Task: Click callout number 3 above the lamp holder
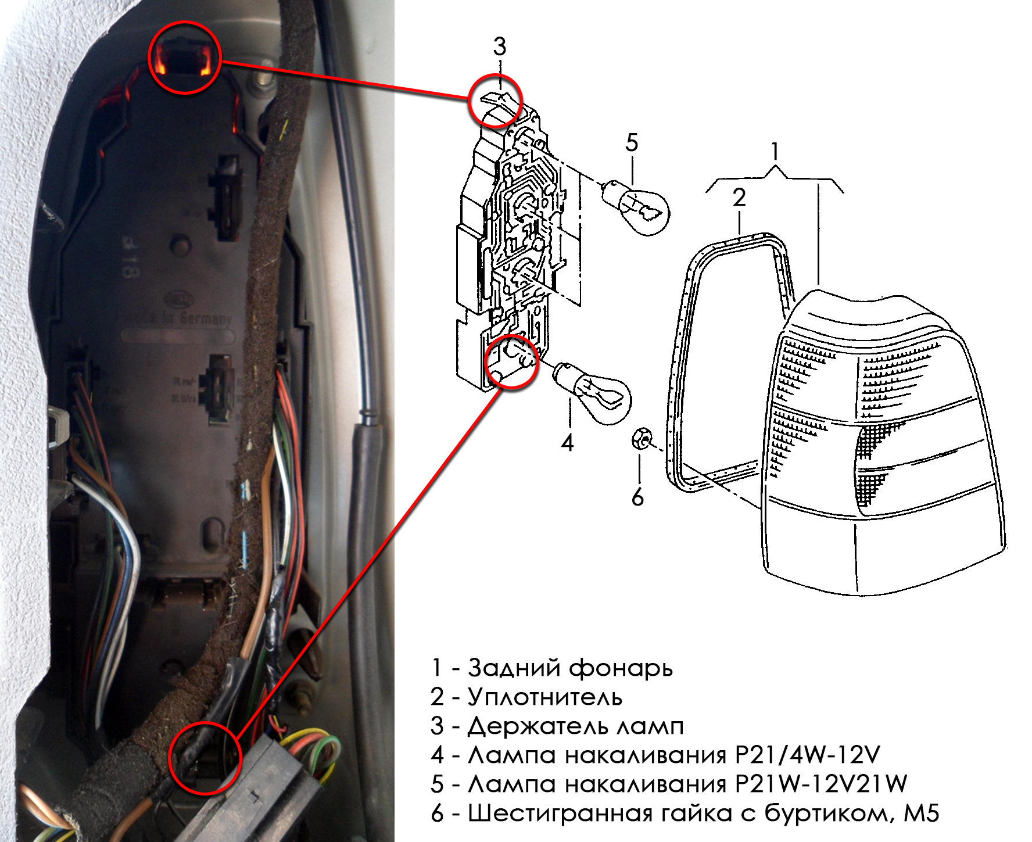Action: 500,46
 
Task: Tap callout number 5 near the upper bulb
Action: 632,143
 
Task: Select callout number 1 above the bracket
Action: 774,152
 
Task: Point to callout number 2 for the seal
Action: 739,198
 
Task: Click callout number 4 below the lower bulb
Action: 567,443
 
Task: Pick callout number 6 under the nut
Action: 637,497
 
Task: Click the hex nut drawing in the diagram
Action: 642,438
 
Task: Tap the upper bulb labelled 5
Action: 636,208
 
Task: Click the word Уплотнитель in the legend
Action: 545,697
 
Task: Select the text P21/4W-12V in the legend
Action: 808,755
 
